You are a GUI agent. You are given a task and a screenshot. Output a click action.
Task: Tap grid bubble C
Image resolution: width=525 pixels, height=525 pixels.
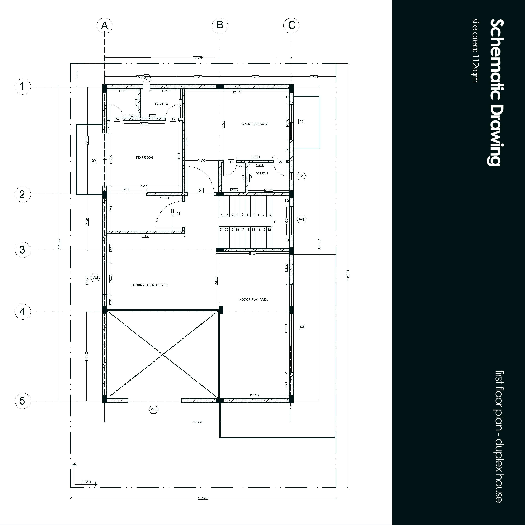click(291, 25)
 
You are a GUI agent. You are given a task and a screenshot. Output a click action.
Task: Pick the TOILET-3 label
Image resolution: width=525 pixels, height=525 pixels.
click(262, 173)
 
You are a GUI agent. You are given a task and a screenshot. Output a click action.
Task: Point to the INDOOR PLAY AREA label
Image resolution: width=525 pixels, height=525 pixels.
click(253, 299)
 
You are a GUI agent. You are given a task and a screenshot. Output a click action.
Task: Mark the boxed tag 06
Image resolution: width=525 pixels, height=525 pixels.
click(302, 327)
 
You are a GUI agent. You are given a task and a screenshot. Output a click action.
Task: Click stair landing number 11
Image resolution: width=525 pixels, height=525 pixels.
click(275, 222)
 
